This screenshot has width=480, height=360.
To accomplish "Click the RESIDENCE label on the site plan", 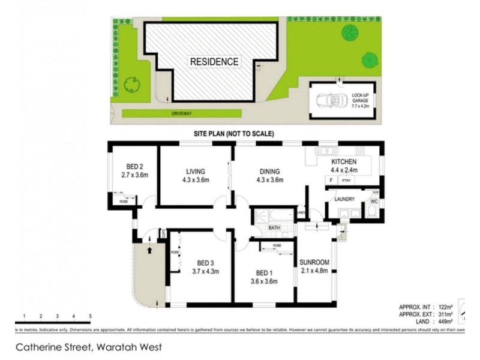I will pos(214,61).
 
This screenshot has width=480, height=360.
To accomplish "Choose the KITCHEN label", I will pos(344,162).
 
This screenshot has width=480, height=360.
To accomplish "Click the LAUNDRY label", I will pos(345,199).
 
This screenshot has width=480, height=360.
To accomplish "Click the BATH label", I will pos(275,228).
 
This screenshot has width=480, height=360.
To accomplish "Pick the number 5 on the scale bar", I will pos(89,316).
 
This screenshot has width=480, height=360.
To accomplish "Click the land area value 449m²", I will pos(443,321).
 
